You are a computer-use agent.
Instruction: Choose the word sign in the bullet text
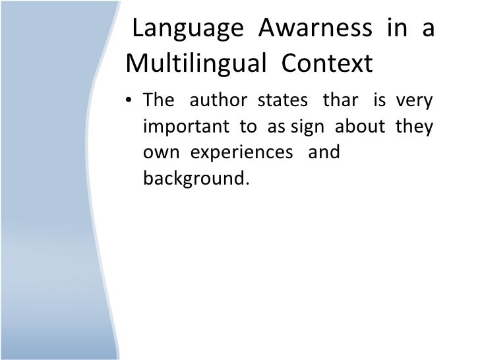[x=307, y=127]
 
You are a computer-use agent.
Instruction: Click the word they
[x=415, y=127]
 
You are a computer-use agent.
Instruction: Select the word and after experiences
[x=324, y=152]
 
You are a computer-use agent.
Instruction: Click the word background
[x=194, y=178]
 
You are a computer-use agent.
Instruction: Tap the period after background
[x=249, y=183]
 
